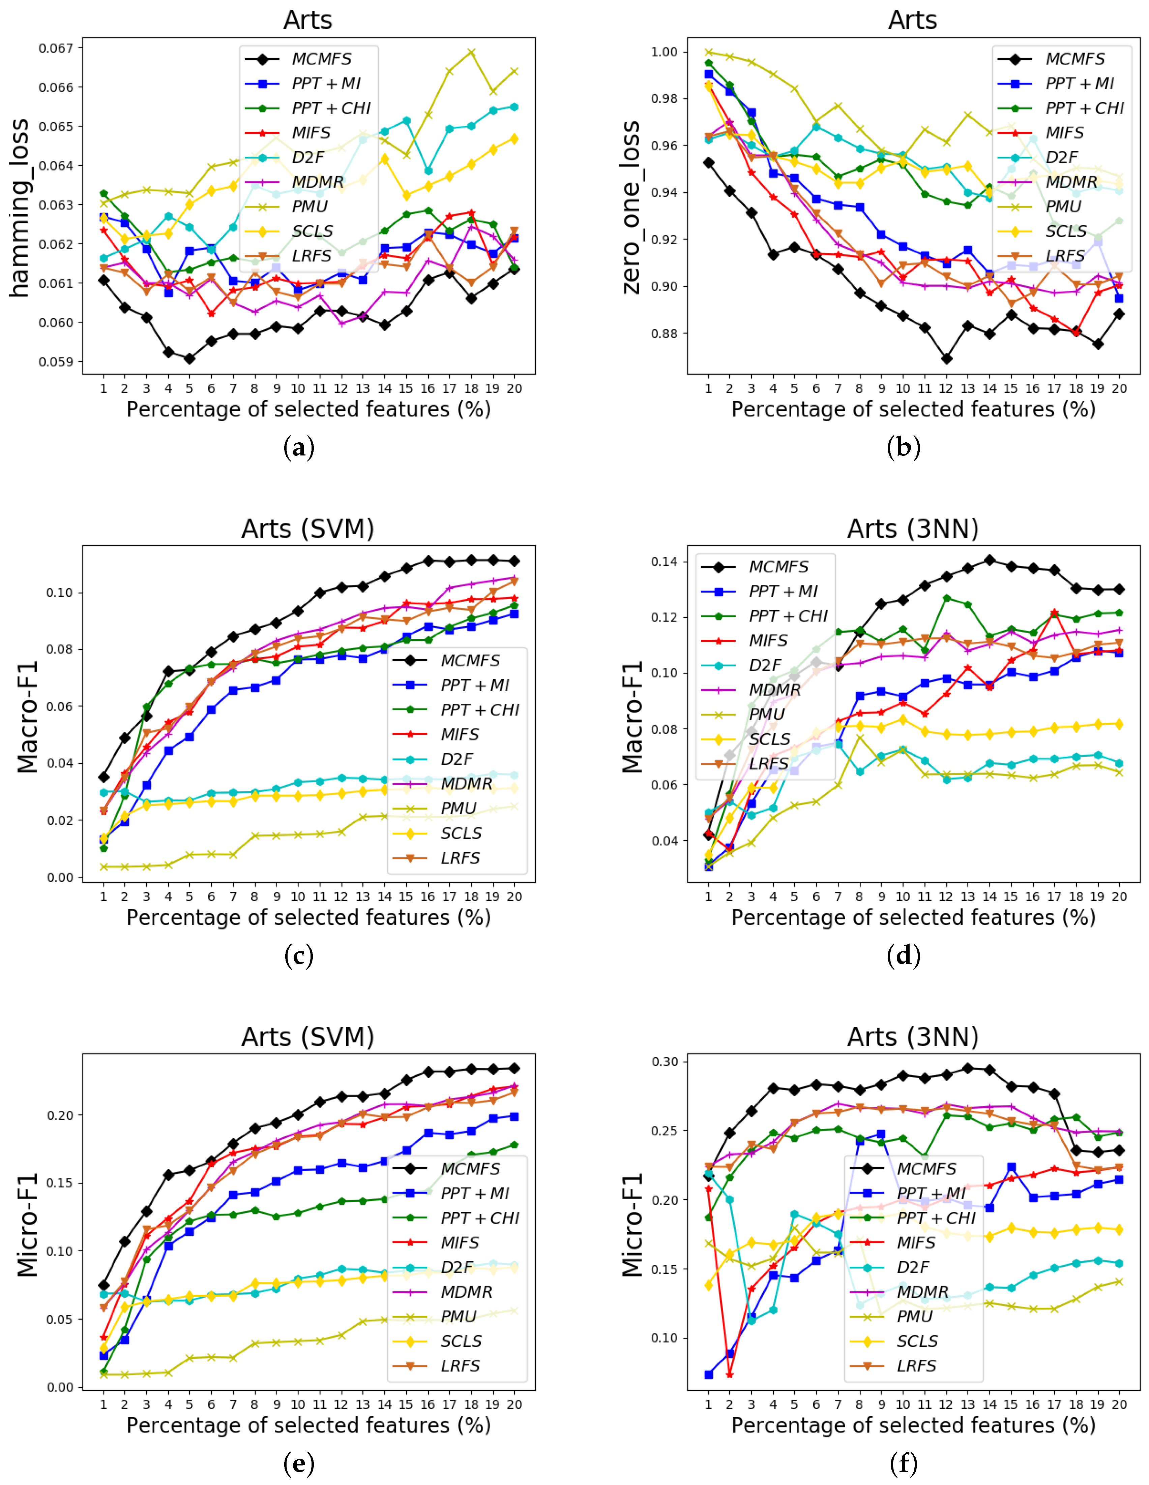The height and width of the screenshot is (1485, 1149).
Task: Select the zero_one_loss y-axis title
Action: tap(631, 208)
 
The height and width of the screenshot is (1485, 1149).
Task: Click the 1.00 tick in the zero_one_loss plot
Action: tap(664, 52)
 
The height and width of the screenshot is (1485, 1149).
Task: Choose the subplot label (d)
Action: tap(904, 955)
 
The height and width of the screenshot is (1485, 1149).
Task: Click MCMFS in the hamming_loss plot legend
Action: tap(321, 59)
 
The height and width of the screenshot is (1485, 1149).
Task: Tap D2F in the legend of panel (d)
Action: tap(765, 665)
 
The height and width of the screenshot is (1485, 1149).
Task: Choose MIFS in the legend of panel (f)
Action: tap(916, 1242)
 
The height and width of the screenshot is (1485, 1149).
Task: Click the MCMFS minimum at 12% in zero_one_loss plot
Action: tap(946, 358)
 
